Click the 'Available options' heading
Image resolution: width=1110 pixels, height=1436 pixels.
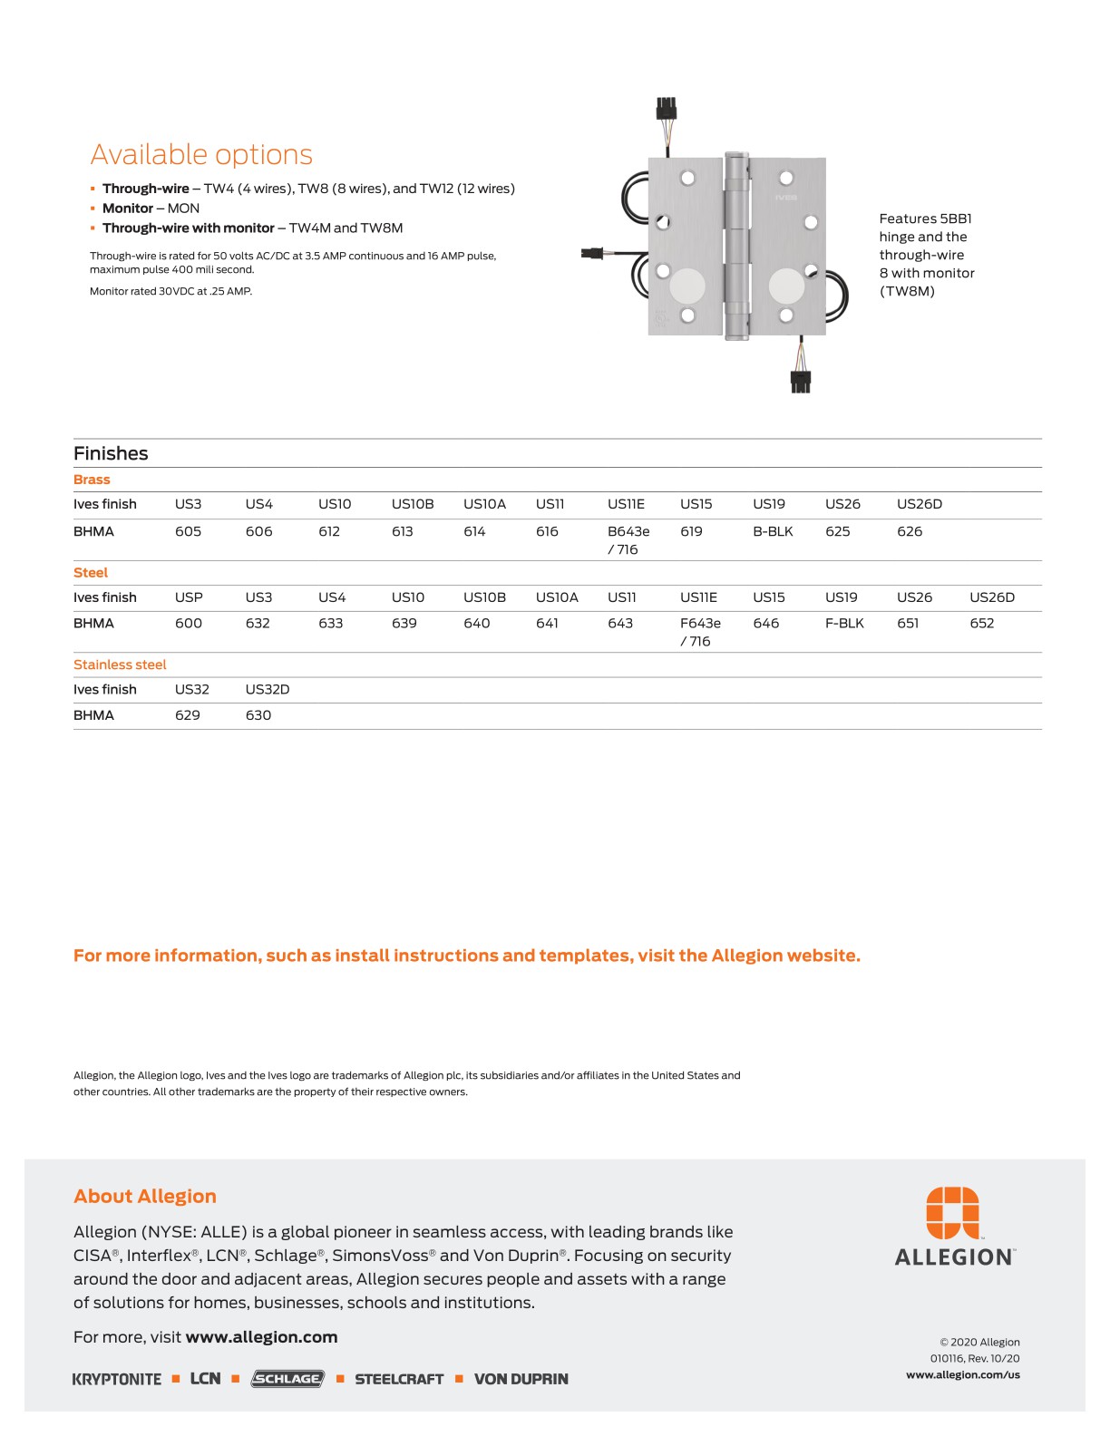(x=201, y=155)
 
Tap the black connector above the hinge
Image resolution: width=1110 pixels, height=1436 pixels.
(x=667, y=109)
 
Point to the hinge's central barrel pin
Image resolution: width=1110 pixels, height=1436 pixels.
(x=736, y=246)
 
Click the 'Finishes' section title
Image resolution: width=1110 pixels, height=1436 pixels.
(x=111, y=453)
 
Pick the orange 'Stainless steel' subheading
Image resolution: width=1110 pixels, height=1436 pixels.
(x=120, y=665)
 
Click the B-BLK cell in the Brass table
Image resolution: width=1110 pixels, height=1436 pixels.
(x=773, y=531)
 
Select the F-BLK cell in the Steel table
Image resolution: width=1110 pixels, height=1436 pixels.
(x=844, y=623)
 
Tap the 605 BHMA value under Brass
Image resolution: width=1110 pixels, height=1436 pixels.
(x=188, y=531)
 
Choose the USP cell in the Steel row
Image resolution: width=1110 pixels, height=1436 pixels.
(x=189, y=597)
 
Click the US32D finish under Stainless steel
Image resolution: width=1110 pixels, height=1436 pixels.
(x=268, y=689)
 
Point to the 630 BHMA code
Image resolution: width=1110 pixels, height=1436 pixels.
(x=258, y=715)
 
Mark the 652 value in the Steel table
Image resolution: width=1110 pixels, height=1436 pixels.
(x=981, y=623)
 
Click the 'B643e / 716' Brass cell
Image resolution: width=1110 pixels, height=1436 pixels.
(x=628, y=540)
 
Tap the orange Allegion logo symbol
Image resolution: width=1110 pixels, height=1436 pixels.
(x=952, y=1212)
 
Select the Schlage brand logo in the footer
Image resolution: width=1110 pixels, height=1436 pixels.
(x=287, y=1379)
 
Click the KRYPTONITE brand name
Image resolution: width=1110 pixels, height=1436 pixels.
(x=117, y=1379)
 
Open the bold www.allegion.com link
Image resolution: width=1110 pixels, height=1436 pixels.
(x=261, y=1337)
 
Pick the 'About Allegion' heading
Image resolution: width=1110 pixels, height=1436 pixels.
(x=145, y=1197)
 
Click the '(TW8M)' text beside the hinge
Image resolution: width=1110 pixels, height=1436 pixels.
(x=906, y=291)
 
